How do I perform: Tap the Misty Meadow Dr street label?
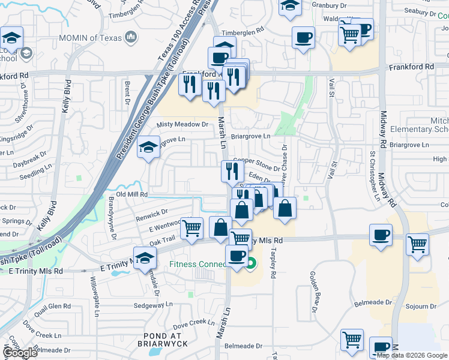182,125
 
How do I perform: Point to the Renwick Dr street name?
151,213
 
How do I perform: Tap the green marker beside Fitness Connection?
251,262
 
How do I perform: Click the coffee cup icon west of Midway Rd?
381,235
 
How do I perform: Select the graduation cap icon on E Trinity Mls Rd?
144,258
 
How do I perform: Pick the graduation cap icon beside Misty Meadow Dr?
148,148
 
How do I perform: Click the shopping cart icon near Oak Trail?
192,229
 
